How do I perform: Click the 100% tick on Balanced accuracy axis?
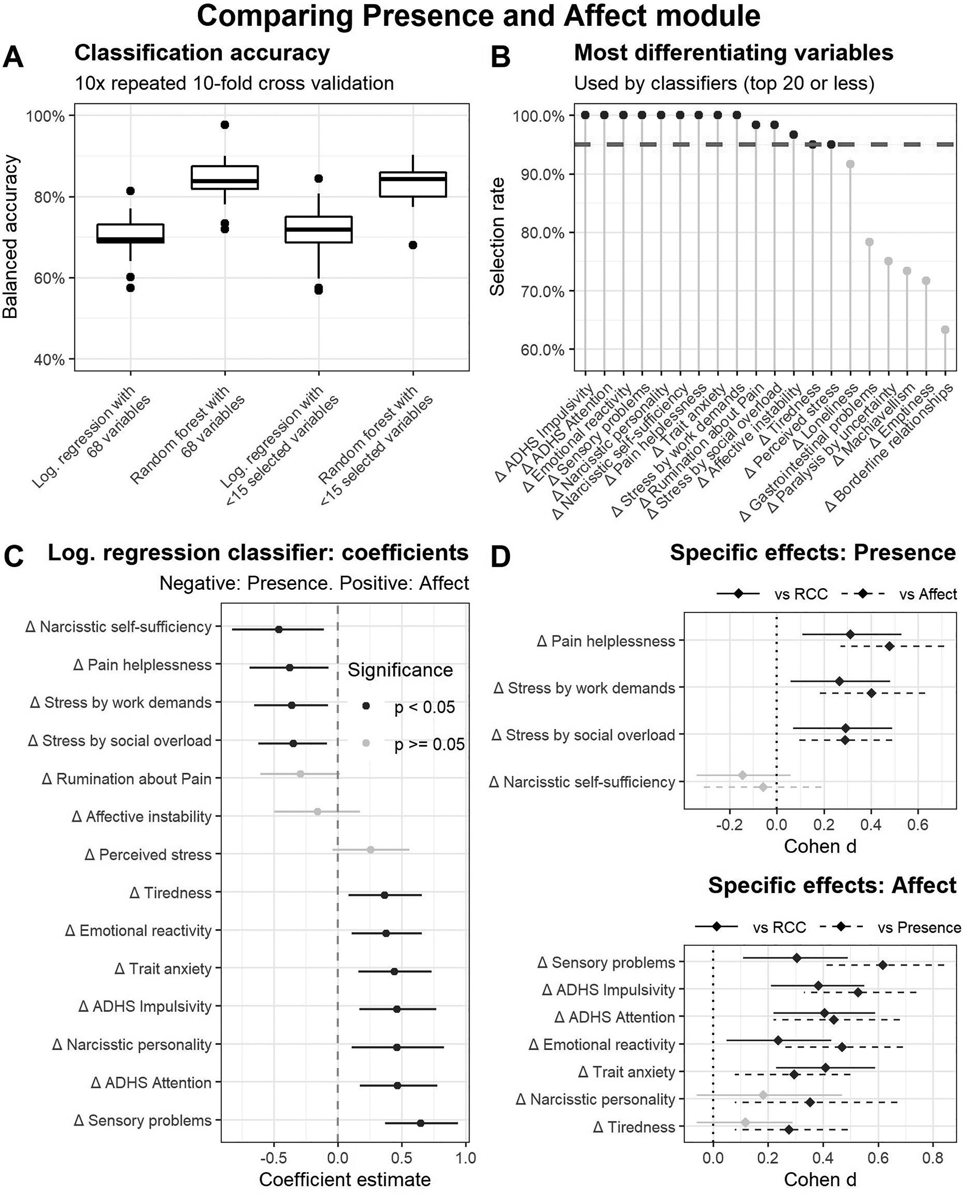tap(46, 116)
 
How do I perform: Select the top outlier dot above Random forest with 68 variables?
tap(224, 125)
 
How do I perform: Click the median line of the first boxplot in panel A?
tap(130, 240)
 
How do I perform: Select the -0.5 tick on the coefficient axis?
tap(273, 1157)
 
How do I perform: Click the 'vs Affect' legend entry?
tap(927, 595)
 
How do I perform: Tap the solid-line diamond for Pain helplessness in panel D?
tap(850, 634)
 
